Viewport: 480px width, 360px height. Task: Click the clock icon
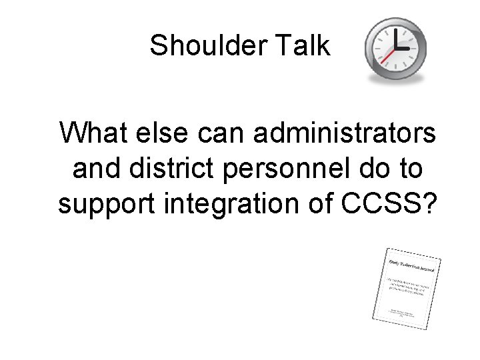(x=396, y=49)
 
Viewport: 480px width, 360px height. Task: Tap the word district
(x=164, y=168)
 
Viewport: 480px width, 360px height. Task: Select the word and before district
(x=94, y=168)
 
